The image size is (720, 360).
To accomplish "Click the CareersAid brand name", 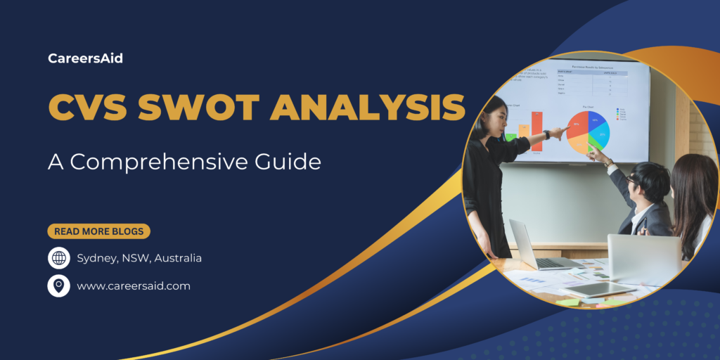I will (85, 59).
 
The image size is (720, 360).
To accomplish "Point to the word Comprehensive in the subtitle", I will (165, 162).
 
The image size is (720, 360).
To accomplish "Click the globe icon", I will (59, 258).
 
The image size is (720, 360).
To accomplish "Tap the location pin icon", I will (59, 285).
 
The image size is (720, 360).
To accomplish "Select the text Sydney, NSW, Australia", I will (139, 258).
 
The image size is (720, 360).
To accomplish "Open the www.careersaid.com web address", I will (134, 286).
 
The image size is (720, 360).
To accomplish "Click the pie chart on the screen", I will (589, 131).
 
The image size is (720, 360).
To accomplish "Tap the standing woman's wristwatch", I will (546, 134).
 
